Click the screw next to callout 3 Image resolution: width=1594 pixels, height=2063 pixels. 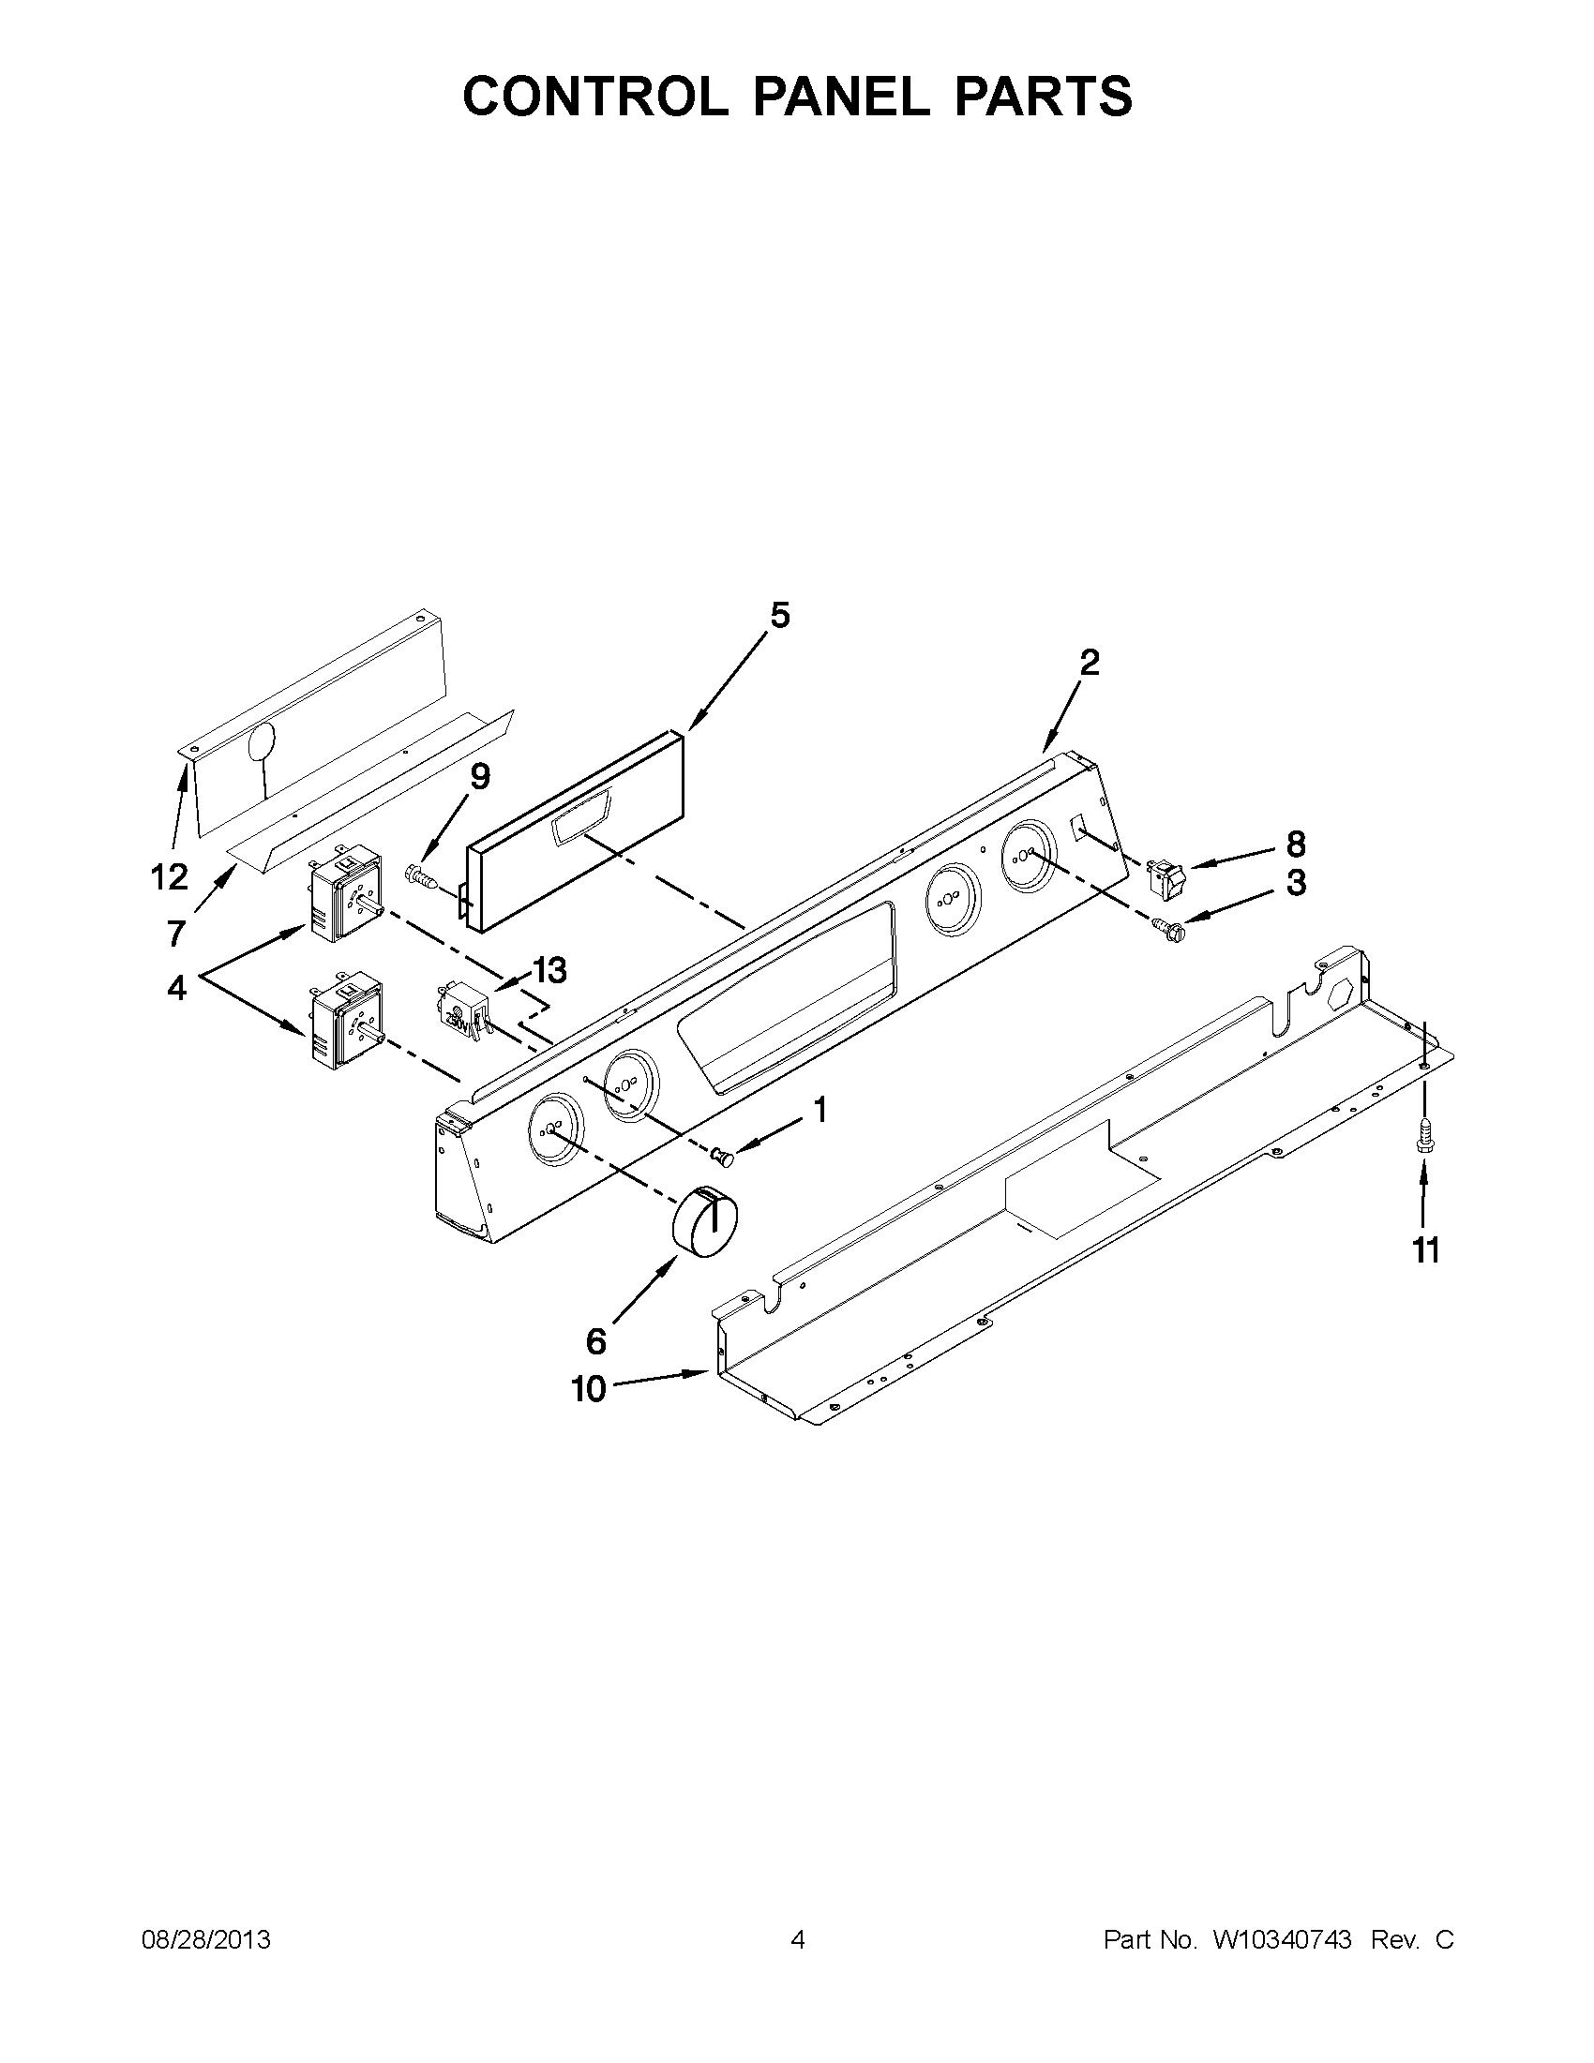[1166, 930]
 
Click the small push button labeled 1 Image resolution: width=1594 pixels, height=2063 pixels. [723, 1154]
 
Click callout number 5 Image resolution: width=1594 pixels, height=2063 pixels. [779, 616]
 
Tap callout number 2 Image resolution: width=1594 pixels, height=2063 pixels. [1090, 663]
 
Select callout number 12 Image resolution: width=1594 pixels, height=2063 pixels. [169, 877]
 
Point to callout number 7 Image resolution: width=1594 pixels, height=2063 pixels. [176, 934]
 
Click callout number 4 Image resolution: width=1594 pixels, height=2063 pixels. [176, 988]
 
